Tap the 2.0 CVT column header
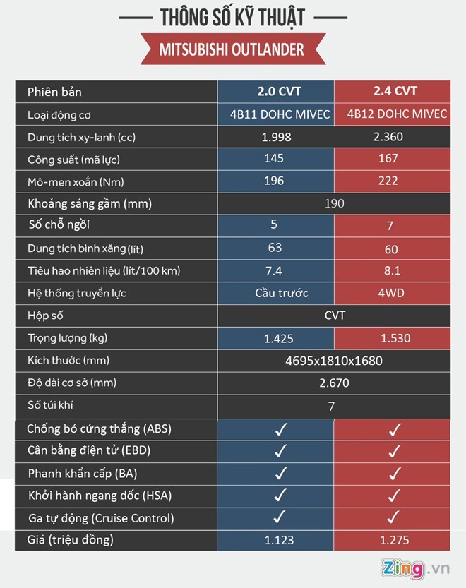point(275,91)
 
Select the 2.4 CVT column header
point(395,91)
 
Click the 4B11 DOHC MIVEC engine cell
point(275,114)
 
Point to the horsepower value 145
point(275,159)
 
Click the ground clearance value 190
point(335,204)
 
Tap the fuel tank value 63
point(275,247)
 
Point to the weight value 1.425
point(279,338)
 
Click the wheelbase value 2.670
point(334,383)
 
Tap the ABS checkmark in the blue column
point(280,428)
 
